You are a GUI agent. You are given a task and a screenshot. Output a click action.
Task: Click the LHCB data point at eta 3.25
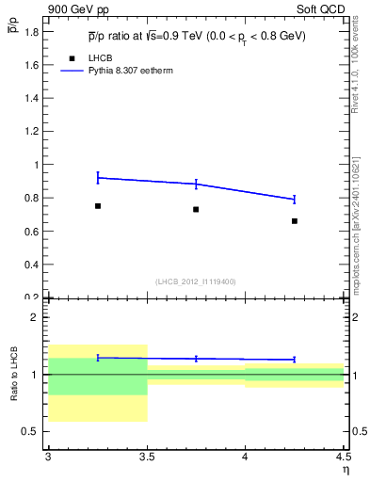coord(98,205)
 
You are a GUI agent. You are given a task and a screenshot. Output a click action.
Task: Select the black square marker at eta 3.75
coord(196,209)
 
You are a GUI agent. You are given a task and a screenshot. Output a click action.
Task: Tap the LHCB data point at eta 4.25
coord(295,221)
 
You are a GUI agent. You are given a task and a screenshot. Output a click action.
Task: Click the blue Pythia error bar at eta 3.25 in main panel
coord(98,177)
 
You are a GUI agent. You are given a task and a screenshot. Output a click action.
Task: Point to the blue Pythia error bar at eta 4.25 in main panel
coord(295,199)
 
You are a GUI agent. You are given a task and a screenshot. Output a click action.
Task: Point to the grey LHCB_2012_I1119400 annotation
coord(196,281)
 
